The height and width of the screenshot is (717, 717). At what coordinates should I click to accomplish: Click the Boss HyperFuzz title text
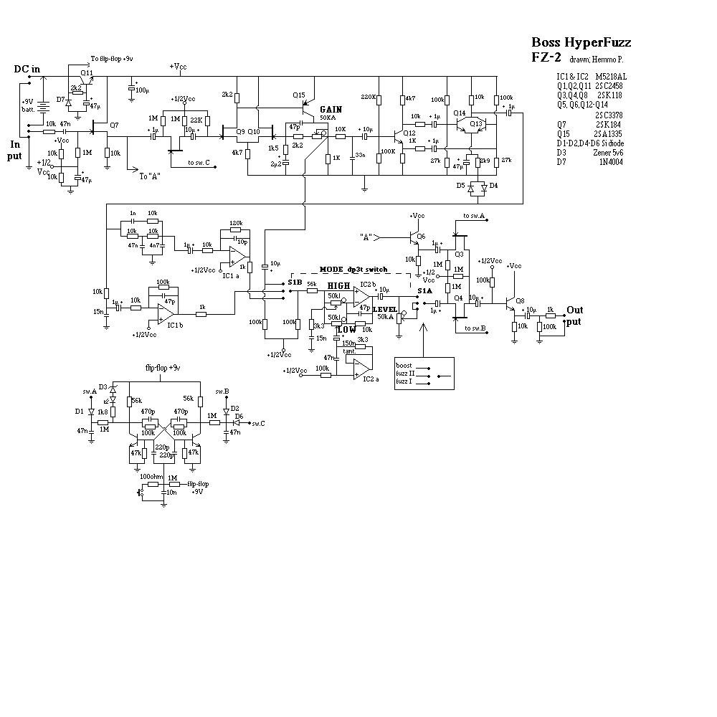pos(581,42)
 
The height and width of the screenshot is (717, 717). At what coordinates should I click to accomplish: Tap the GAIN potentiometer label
pos(331,109)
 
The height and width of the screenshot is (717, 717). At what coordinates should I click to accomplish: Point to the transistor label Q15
pos(298,95)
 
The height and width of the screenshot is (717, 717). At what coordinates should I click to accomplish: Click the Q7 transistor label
pos(113,125)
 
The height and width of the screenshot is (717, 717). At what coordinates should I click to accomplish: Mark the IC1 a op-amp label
pos(231,275)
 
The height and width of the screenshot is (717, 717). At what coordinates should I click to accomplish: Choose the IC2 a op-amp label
pos(371,379)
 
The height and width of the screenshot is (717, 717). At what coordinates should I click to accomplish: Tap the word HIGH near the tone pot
pos(338,285)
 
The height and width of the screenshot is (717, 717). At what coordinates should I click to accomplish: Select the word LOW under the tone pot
pos(347,330)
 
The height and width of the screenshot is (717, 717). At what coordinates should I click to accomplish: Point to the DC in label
pos(27,69)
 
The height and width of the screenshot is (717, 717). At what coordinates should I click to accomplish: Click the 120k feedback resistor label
pos(235,224)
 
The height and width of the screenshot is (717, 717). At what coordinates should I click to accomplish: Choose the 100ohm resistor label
pos(151,476)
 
